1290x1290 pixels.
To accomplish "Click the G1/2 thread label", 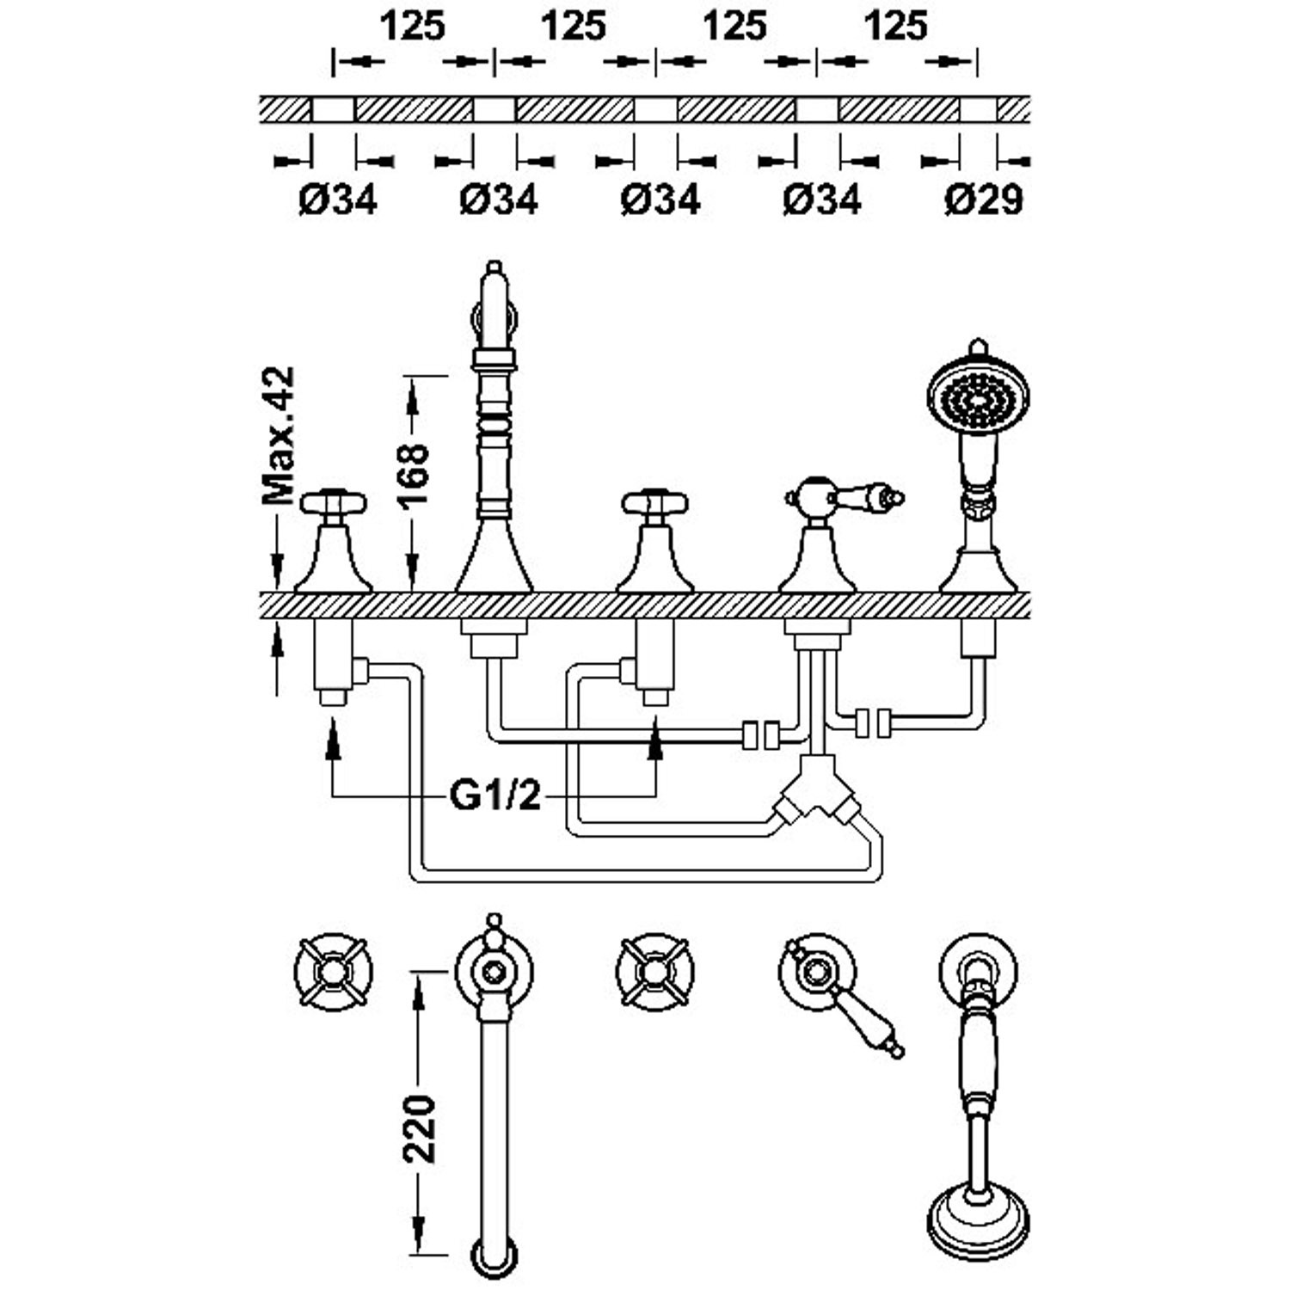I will (x=496, y=796).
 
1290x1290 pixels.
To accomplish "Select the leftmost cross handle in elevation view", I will (x=334, y=502).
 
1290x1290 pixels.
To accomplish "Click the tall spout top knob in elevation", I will (x=494, y=268).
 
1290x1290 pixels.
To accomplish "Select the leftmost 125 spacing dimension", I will (x=413, y=26).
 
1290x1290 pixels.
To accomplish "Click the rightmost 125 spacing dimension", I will (x=896, y=26).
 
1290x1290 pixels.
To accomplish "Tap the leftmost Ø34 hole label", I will (x=338, y=200).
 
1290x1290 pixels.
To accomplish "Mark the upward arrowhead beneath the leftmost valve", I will (x=333, y=741).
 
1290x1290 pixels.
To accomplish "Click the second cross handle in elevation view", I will (x=655, y=502).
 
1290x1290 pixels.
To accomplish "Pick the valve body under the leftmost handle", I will (x=333, y=658).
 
